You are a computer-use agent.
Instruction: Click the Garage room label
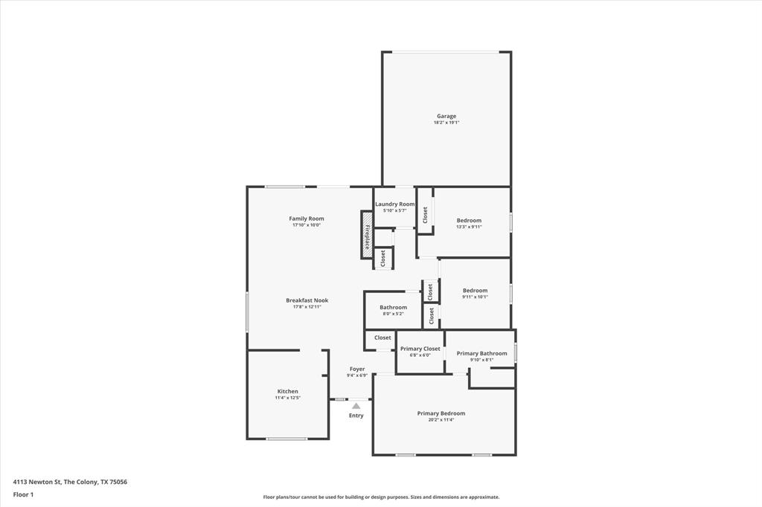pyautogui.click(x=446, y=116)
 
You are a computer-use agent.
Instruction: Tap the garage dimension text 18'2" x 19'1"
pyautogui.click(x=446, y=123)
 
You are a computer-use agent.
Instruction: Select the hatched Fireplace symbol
pyautogui.click(x=367, y=235)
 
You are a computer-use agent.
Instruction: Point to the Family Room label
pyautogui.click(x=307, y=219)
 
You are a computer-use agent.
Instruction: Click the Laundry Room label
pyautogui.click(x=394, y=204)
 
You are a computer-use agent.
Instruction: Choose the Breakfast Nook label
pyautogui.click(x=307, y=300)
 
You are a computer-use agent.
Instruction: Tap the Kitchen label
pyautogui.click(x=288, y=391)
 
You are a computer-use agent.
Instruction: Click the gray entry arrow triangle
pyautogui.click(x=356, y=406)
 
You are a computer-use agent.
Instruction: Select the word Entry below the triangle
pyautogui.click(x=356, y=416)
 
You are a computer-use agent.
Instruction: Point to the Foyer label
pyautogui.click(x=357, y=369)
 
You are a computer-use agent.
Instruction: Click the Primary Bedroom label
pyautogui.click(x=441, y=413)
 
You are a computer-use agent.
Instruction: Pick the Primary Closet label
pyautogui.click(x=420, y=349)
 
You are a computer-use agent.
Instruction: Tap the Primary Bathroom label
pyautogui.click(x=481, y=353)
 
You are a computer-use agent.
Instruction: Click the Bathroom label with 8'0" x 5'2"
pyautogui.click(x=393, y=307)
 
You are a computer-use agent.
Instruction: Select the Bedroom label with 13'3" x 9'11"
pyautogui.click(x=469, y=220)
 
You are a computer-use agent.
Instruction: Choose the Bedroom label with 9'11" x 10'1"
pyautogui.click(x=475, y=291)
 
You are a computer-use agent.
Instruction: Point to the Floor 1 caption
pyautogui.click(x=23, y=494)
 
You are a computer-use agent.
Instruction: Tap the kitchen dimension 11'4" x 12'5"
pyautogui.click(x=288, y=398)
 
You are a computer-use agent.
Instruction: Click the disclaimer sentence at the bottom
pyautogui.click(x=381, y=497)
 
